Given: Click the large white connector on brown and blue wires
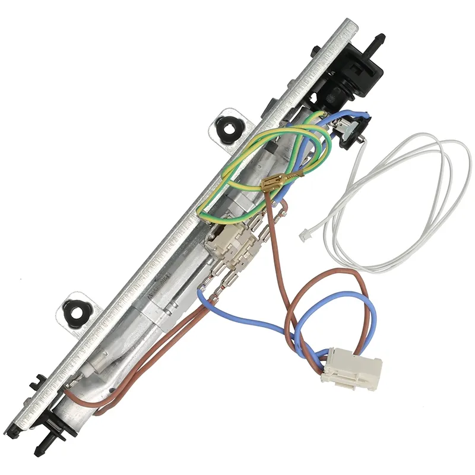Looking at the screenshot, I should [351, 368].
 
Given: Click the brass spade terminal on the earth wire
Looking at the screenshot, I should [272, 183].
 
